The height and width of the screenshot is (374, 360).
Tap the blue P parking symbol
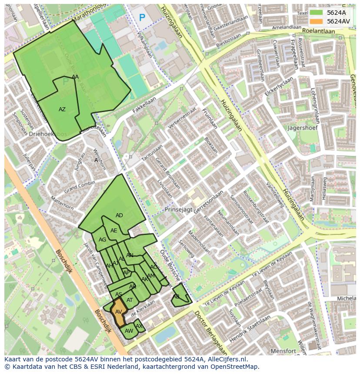point(142,18)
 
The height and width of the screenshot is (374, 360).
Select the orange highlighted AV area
point(118,311)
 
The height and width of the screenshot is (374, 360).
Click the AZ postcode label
point(62,109)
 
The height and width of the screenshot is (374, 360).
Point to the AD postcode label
point(119,215)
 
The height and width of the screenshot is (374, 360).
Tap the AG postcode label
point(103,240)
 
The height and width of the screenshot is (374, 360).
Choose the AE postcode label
point(114,231)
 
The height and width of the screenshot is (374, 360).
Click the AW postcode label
point(129,331)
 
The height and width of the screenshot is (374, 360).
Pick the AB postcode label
point(176,297)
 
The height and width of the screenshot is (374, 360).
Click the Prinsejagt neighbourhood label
point(178,209)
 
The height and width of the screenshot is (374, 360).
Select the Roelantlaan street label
point(318,31)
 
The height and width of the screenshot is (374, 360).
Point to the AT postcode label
point(130,300)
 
